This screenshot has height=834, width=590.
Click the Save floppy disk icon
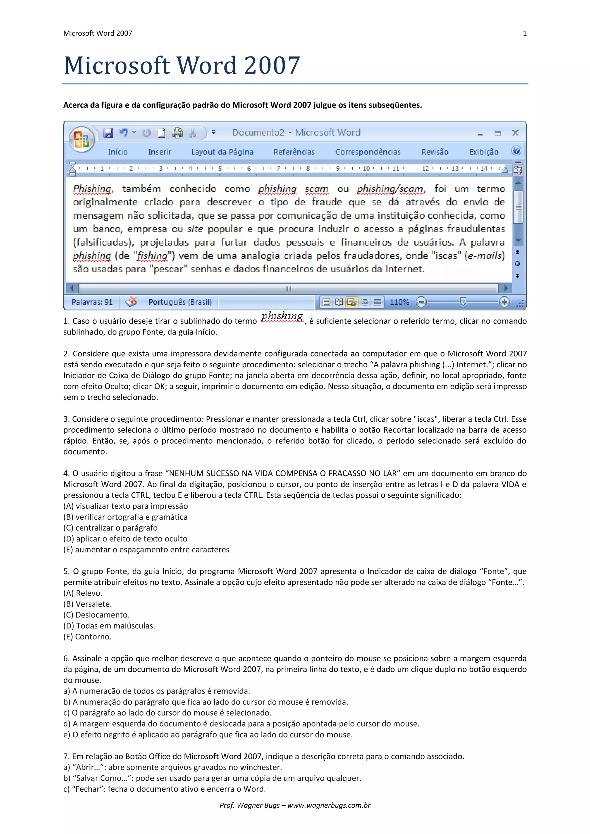(108, 133)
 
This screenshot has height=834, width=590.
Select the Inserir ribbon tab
(159, 152)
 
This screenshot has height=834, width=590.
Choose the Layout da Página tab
(222, 152)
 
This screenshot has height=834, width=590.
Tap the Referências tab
(294, 152)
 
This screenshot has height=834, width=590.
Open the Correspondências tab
(368, 152)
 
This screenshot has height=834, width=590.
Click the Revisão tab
(434, 152)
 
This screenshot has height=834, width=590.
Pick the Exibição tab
(483, 152)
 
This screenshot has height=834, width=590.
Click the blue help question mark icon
(516, 151)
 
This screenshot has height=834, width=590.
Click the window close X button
(515, 133)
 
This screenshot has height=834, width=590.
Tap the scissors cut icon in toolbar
(192, 133)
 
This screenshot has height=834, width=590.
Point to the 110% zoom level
(399, 302)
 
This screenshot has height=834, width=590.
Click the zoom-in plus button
(504, 302)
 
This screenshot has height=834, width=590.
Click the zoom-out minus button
(421, 302)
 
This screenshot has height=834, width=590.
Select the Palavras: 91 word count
(92, 302)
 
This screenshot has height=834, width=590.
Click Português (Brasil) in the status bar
(180, 302)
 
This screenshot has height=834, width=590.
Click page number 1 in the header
(525, 33)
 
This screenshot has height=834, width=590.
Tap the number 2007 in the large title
(272, 65)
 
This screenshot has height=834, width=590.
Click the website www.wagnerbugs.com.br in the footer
(329, 805)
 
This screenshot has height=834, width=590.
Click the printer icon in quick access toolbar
(177, 133)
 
